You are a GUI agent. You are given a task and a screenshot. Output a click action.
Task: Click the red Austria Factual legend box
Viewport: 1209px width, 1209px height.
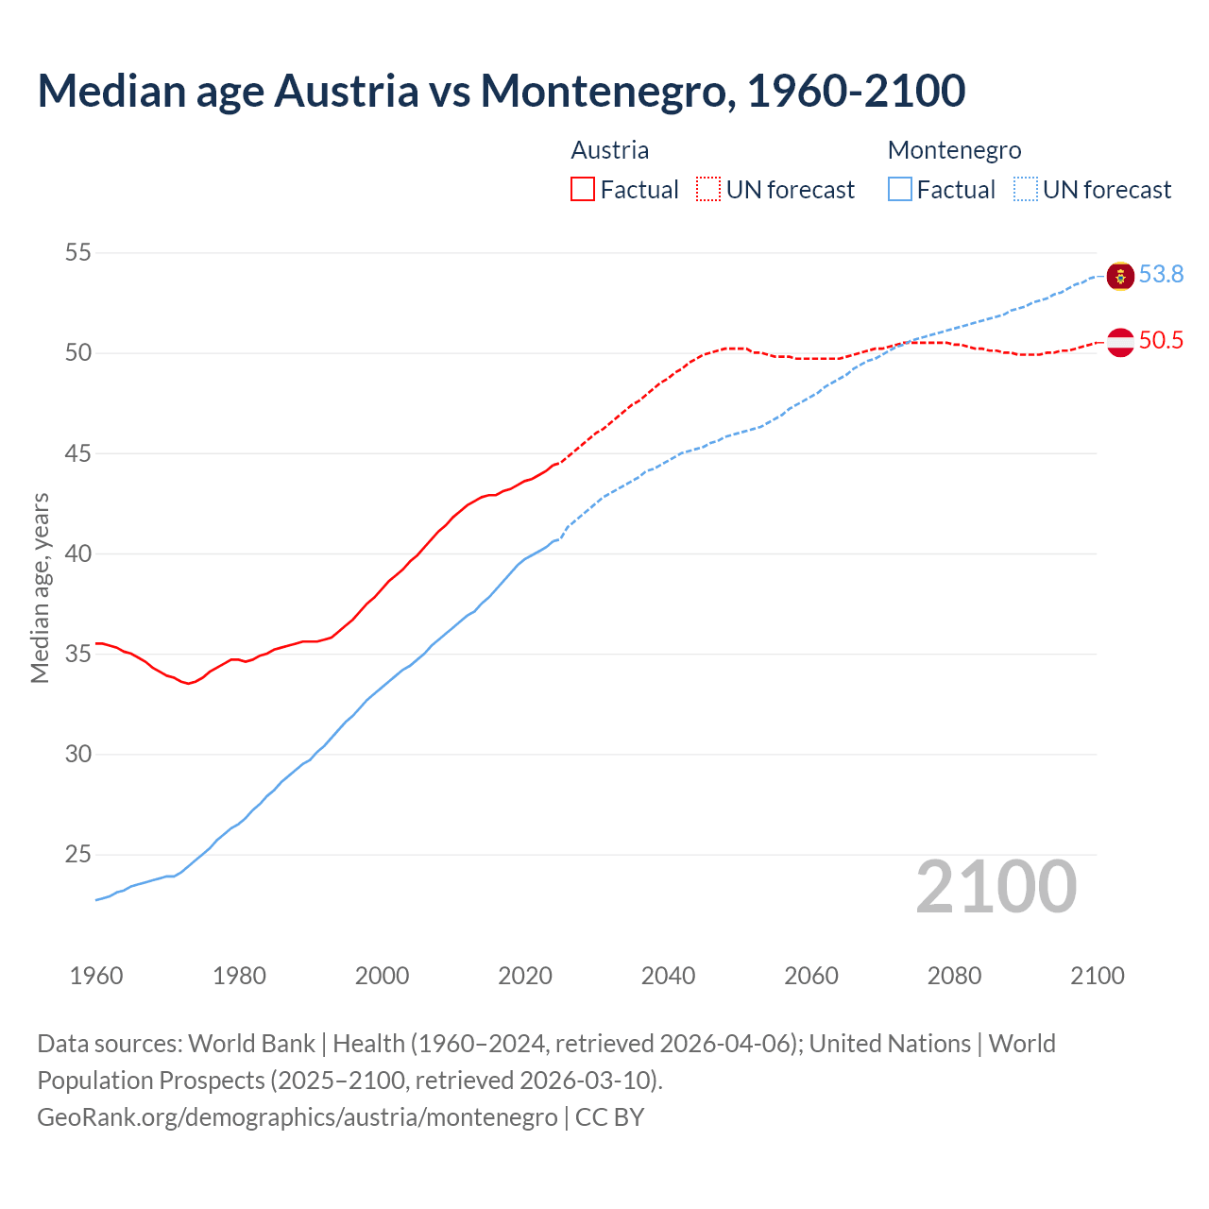point(583,189)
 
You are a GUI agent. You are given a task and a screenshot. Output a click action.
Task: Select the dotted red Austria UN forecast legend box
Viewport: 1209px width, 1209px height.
point(708,189)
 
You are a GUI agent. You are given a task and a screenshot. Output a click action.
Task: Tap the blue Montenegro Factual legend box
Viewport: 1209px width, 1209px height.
point(900,189)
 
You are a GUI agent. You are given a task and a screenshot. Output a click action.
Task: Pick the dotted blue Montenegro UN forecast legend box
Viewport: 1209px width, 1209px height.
point(1026,189)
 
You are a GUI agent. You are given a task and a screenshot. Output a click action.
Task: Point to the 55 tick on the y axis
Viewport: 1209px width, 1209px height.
point(78,253)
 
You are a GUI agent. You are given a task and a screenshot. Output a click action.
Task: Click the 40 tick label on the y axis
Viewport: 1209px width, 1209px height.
point(78,553)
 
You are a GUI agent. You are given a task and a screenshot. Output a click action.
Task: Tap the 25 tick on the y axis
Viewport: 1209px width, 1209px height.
point(78,855)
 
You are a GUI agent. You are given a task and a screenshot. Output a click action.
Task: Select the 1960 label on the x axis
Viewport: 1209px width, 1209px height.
point(96,976)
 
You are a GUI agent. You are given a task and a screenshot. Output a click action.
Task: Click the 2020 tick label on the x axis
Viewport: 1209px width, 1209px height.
point(525,976)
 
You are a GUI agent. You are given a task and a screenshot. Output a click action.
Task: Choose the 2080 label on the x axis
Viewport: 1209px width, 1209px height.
point(954,976)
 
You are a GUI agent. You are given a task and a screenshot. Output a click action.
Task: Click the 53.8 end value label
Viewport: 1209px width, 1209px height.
point(1161,274)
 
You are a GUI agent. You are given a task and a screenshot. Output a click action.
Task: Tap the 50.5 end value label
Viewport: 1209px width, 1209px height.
point(1161,341)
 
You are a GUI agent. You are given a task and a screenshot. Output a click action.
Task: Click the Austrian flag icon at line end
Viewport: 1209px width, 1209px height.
point(1120,342)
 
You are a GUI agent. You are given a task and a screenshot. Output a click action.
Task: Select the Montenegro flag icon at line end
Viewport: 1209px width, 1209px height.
point(1120,276)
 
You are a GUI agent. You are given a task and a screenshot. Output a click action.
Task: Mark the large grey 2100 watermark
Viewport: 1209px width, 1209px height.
point(996,886)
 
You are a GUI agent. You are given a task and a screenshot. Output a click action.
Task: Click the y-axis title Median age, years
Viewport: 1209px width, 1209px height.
point(40,587)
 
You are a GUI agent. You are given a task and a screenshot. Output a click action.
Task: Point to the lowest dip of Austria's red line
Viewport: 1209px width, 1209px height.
point(189,683)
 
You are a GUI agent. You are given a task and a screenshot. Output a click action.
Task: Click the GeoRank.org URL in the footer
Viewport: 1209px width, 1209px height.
point(298,1116)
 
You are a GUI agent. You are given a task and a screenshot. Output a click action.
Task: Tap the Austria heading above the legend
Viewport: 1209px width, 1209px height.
point(609,150)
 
